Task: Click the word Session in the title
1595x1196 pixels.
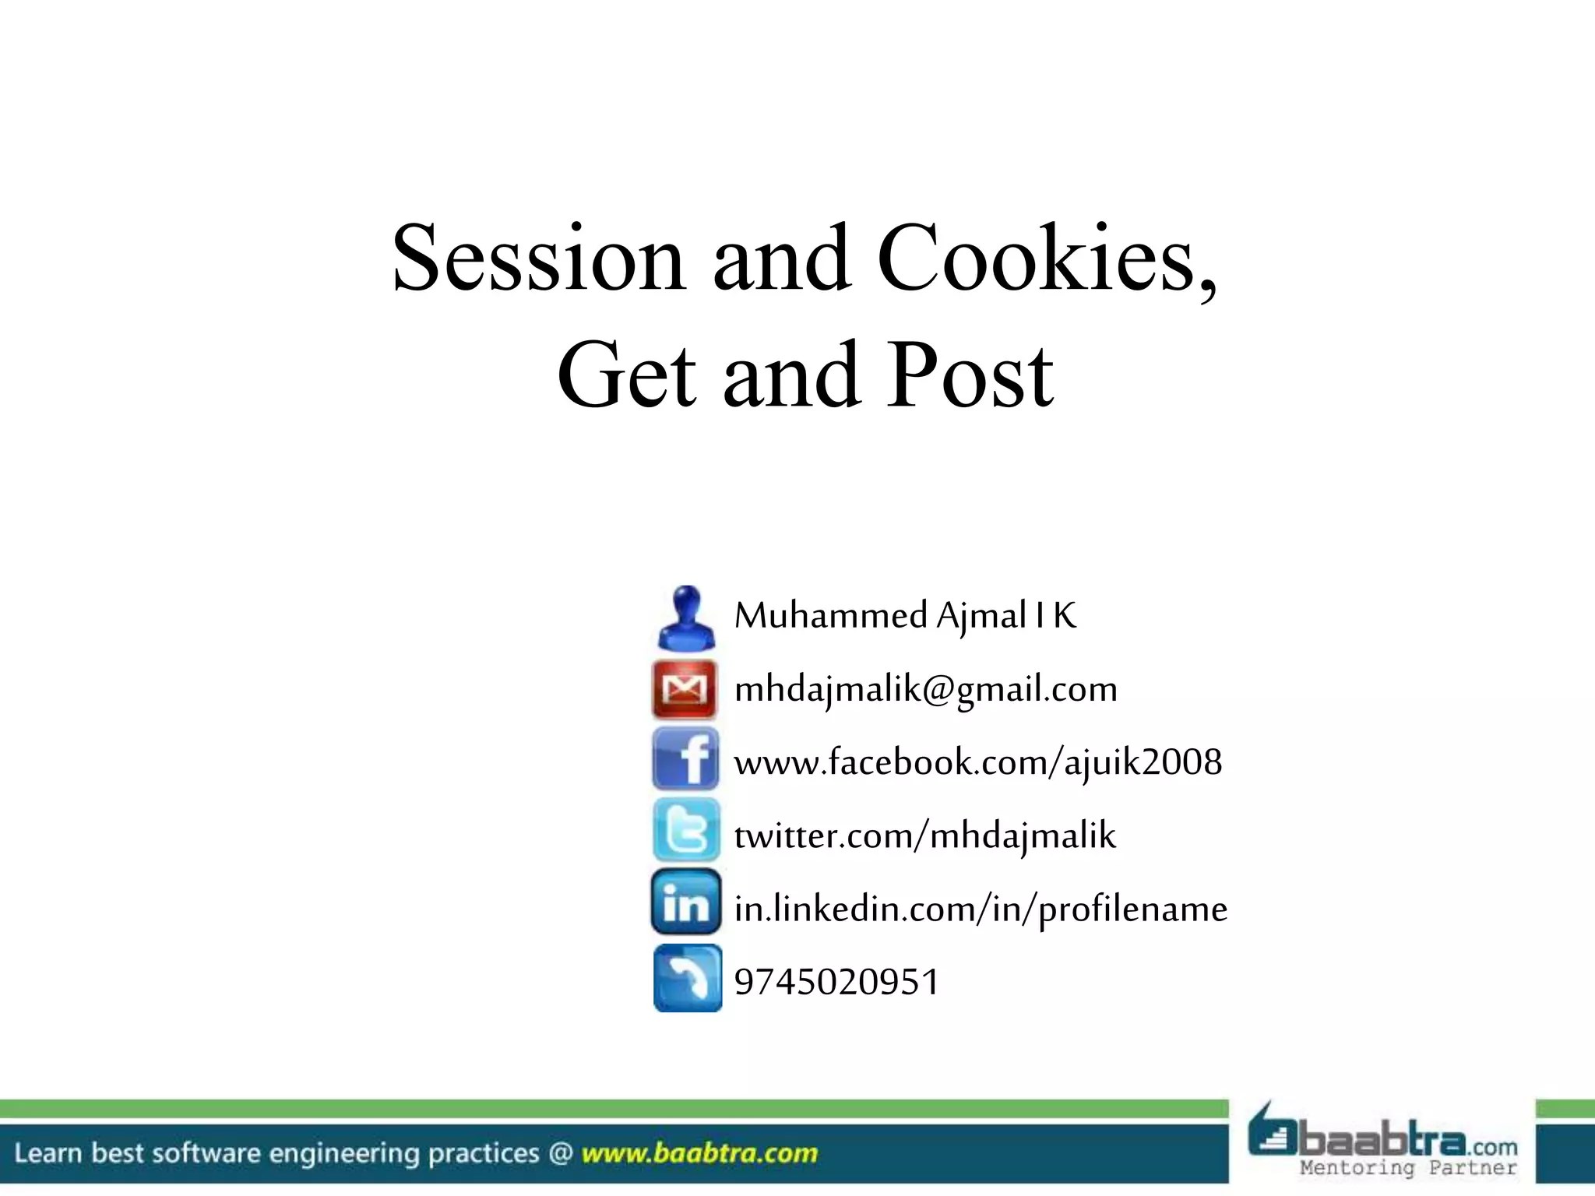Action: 538,259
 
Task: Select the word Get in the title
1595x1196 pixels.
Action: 627,376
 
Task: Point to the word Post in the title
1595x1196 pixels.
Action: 970,376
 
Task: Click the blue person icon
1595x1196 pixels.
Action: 686,617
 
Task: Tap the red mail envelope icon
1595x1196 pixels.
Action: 685,689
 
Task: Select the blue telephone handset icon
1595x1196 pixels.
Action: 688,978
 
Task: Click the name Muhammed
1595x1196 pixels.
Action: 830,616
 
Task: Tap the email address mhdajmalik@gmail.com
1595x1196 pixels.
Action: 925,689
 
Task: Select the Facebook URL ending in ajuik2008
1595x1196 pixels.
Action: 977,762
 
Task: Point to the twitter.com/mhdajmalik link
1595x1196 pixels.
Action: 924,835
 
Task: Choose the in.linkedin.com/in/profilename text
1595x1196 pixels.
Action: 981,909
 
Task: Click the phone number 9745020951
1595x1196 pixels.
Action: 836,982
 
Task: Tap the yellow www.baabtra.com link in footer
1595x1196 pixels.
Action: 699,1153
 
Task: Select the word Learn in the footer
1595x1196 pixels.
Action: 48,1153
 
